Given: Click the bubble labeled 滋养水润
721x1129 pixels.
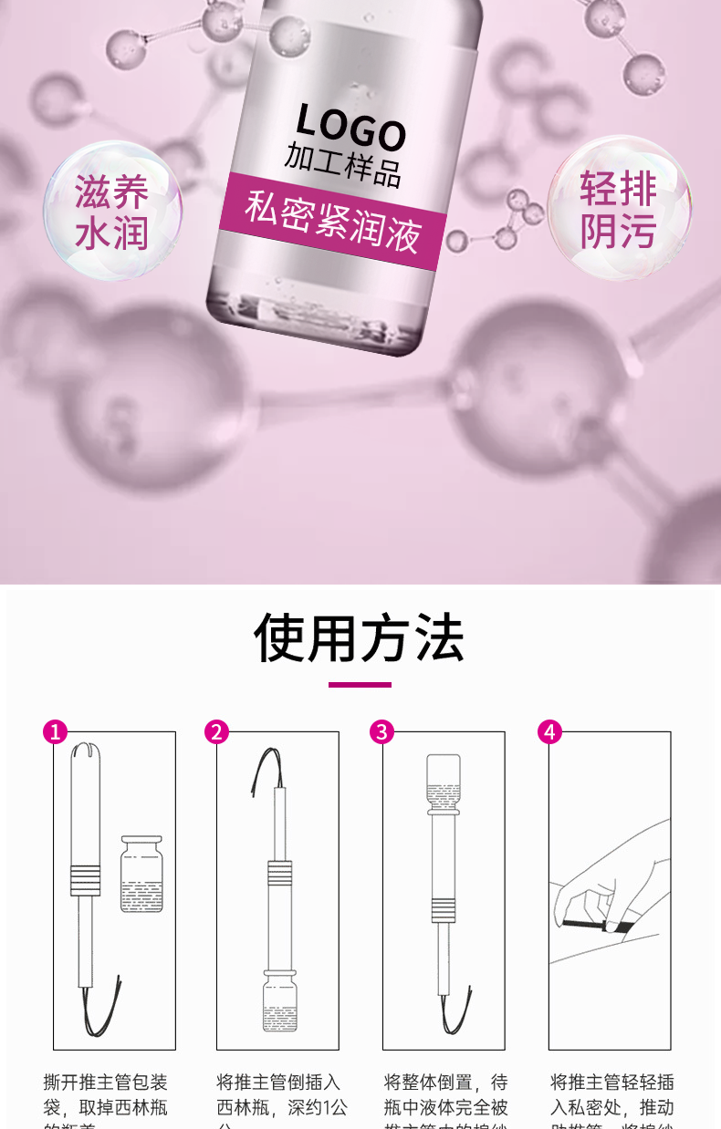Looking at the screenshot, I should pos(111,211).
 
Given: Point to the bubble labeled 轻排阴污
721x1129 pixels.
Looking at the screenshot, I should pos(619,209).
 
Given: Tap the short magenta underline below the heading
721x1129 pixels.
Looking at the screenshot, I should pos(360,684).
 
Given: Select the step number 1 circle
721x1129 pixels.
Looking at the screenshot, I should pos(56,731).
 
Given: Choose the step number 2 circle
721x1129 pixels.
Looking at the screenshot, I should pos(216,731).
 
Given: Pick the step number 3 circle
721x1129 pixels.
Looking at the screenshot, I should pos(382,731).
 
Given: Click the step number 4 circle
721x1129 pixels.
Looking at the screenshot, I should pos(549,731).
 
